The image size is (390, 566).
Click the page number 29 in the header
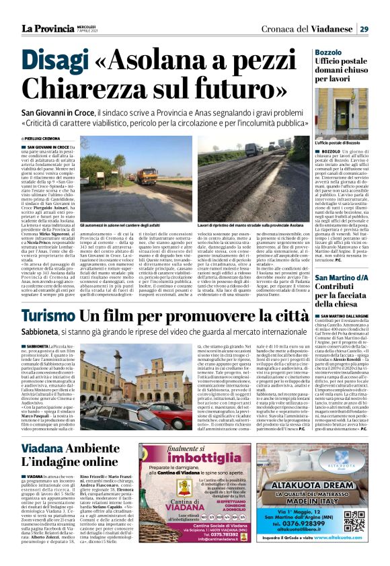tap(364, 29)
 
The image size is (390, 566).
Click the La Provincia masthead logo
tap(47, 29)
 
